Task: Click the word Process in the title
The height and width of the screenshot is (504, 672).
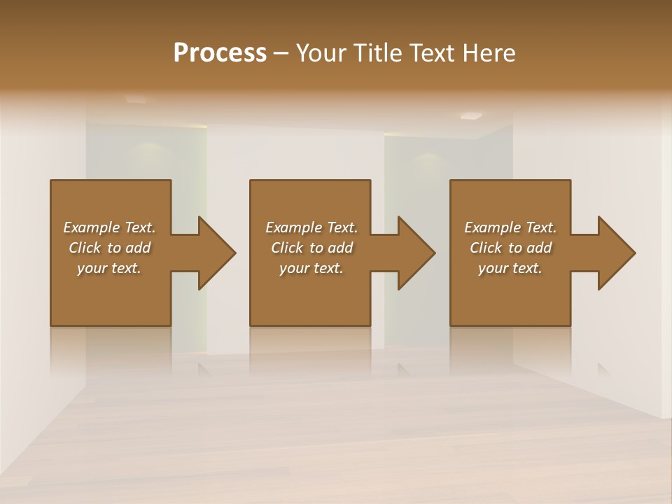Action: (220, 53)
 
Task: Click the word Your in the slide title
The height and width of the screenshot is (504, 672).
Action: (321, 53)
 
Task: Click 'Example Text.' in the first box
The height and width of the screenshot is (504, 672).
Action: (109, 227)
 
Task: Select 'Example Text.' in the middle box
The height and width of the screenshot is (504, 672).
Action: (311, 227)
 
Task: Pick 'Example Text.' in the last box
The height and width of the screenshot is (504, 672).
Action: (510, 227)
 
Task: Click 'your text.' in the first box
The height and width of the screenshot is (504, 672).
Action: (109, 268)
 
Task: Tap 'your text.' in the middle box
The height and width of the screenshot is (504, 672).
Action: (311, 268)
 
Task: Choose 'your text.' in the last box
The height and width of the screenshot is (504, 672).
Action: (510, 268)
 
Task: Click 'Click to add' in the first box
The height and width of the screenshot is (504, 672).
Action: (109, 248)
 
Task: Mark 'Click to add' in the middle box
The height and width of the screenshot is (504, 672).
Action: (311, 248)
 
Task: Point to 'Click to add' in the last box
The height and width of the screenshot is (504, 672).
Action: (510, 248)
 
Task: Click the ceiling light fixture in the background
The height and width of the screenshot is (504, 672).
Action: (471, 115)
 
